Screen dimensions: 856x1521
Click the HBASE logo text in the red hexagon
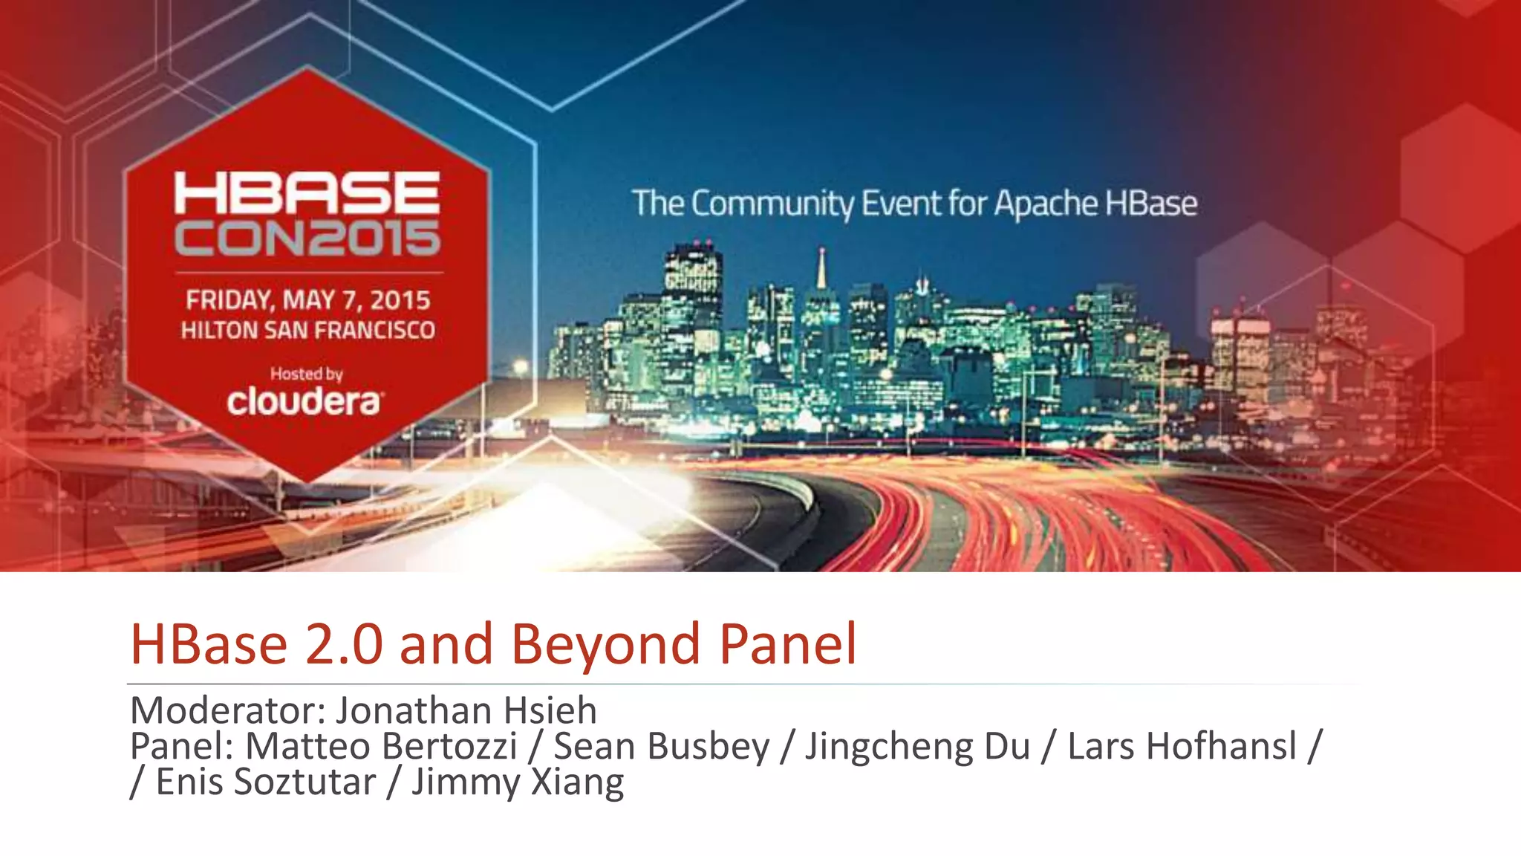[307, 192]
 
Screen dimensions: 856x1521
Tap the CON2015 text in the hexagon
[307, 239]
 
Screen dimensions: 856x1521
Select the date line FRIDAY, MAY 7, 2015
[307, 300]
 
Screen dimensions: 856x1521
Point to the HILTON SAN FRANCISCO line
[307, 330]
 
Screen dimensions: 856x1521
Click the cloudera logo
[304, 401]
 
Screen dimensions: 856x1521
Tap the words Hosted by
[306, 374]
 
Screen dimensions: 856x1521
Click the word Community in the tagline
[772, 204]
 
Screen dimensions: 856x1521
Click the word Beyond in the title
[605, 643]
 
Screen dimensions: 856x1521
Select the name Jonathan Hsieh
[466, 710]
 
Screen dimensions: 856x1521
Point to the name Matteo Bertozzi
[381, 746]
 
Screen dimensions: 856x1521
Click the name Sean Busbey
[662, 746]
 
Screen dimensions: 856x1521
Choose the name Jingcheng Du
[918, 746]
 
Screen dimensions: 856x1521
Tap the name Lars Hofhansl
[1182, 746]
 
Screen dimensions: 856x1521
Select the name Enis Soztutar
[266, 782]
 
